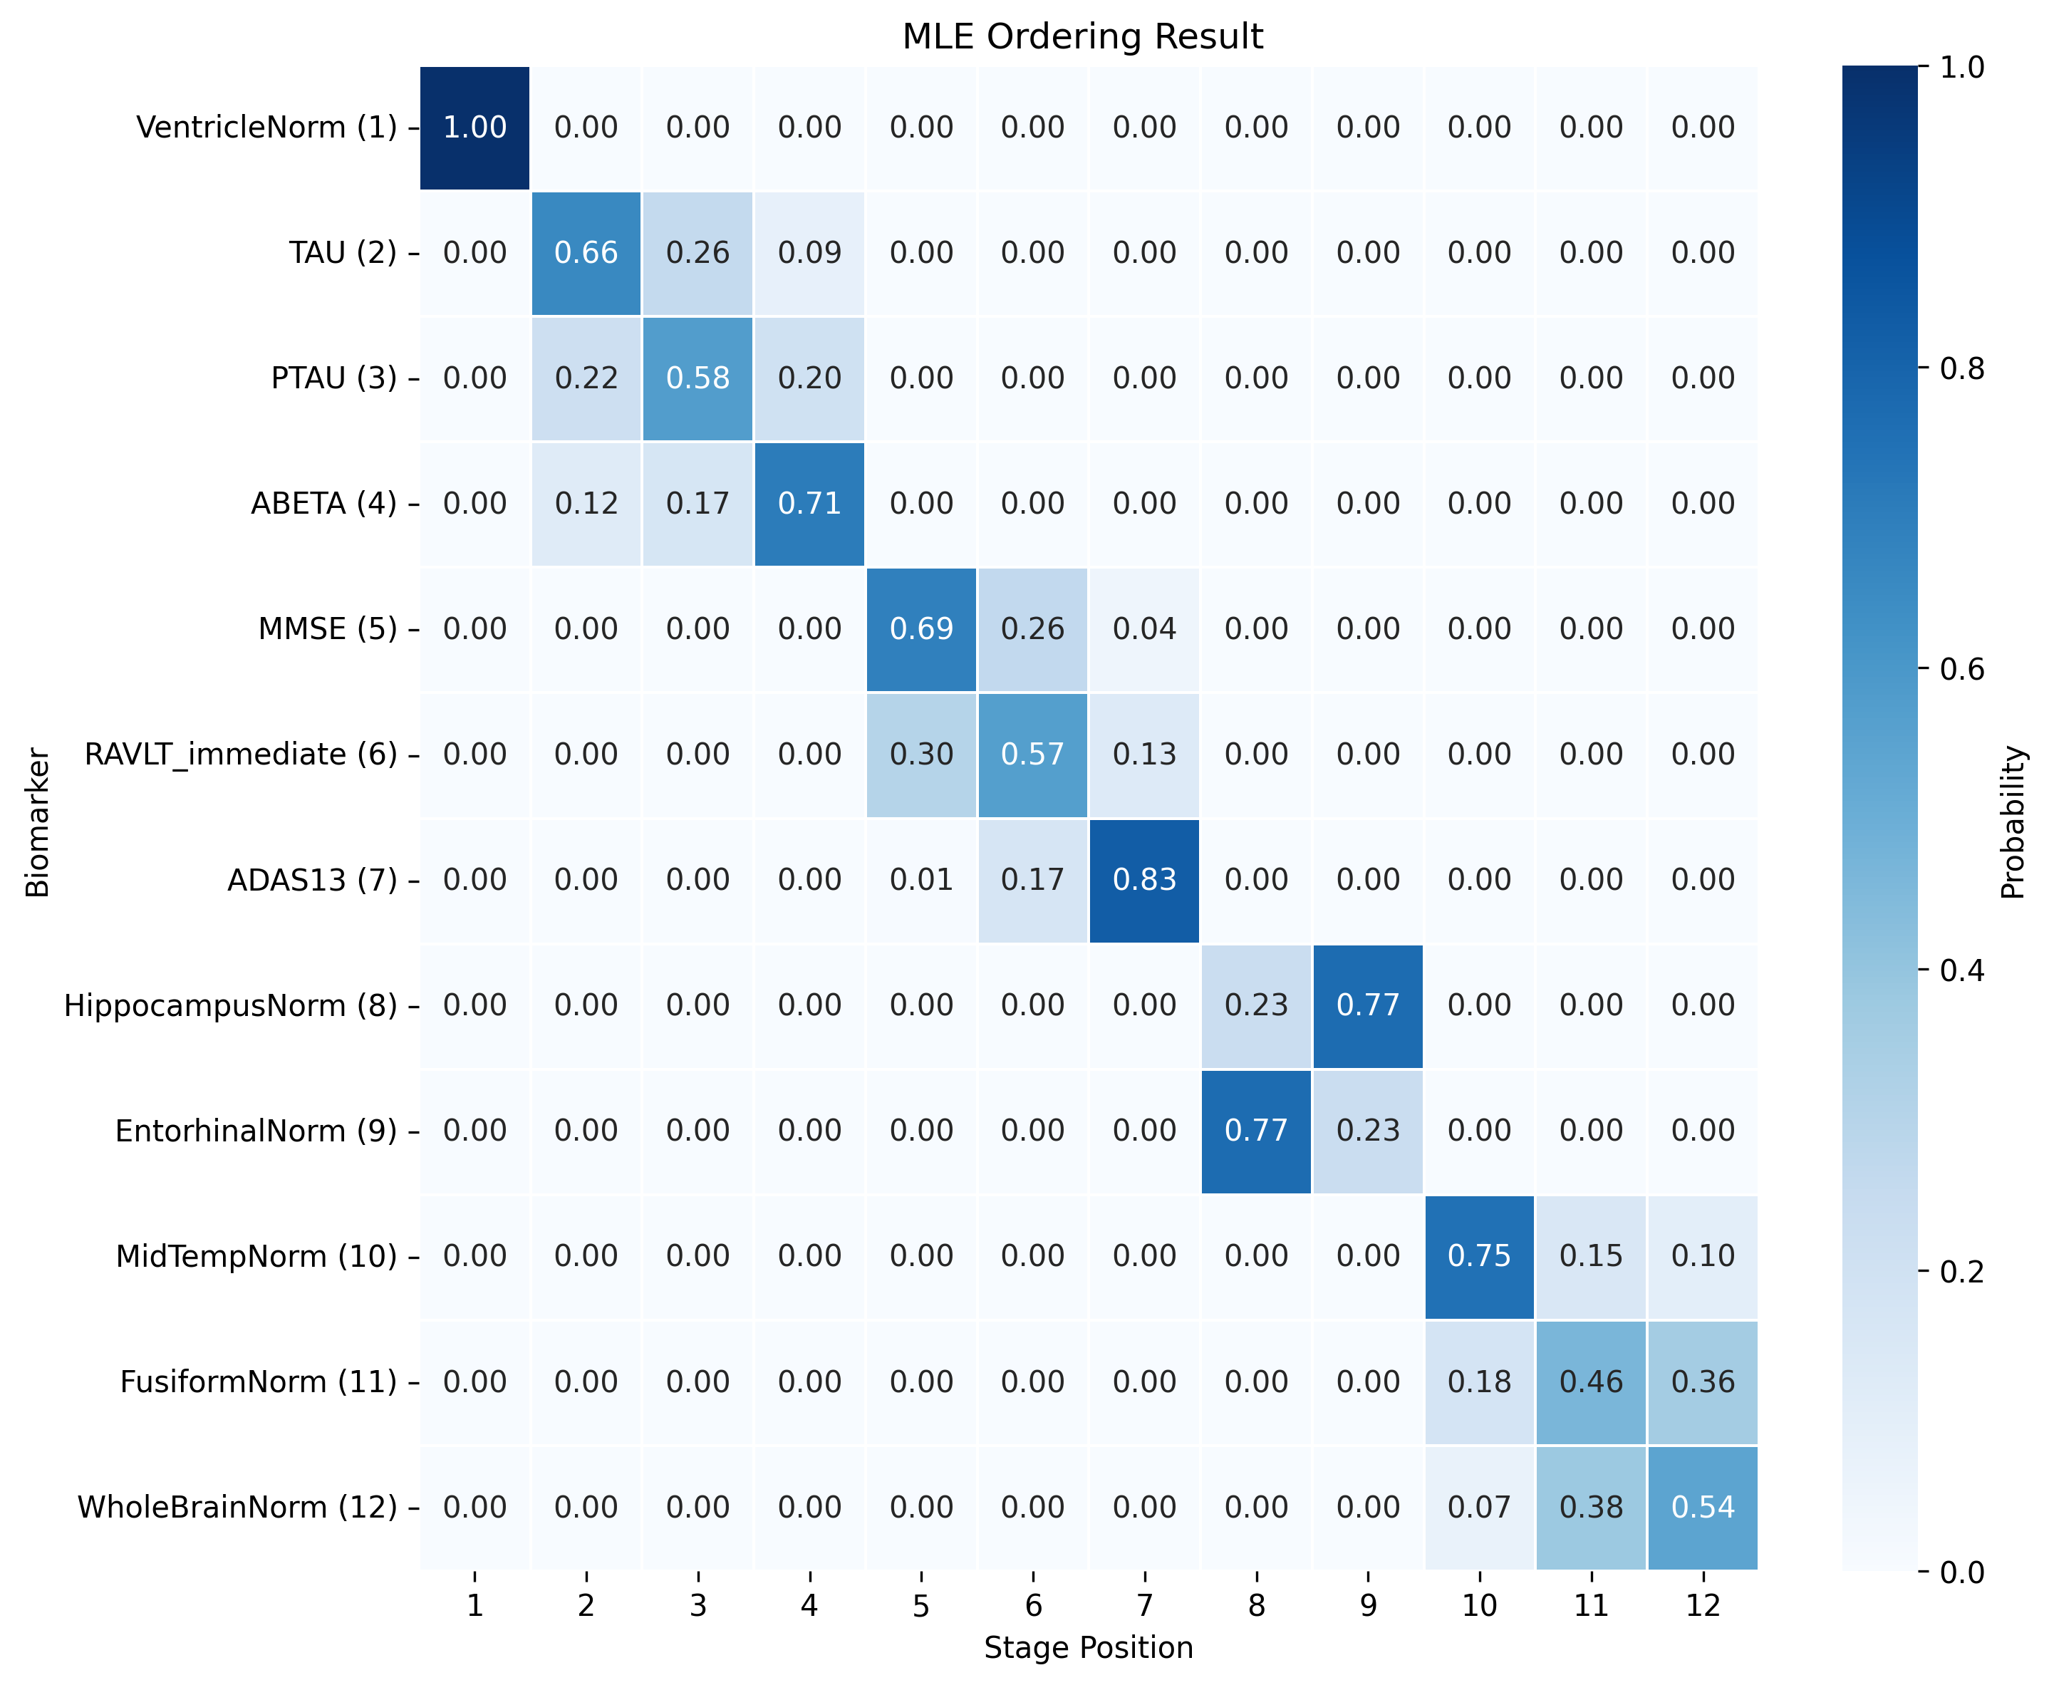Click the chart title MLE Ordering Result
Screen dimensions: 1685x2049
coord(1082,37)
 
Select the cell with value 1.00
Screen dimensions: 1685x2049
coord(474,127)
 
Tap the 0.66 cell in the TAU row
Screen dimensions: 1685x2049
coord(586,252)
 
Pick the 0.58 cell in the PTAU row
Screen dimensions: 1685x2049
coord(698,378)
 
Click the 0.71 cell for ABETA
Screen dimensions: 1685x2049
coord(809,503)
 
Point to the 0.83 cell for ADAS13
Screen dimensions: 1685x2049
coord(1144,879)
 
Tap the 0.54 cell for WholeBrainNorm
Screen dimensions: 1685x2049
coord(1703,1506)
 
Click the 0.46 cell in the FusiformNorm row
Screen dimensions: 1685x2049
coord(1591,1381)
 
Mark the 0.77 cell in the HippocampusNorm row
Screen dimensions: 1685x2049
coord(1368,1005)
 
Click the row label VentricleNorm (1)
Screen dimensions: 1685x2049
coord(267,127)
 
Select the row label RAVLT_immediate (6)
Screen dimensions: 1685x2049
coord(241,755)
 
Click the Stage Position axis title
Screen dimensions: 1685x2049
coord(1088,1648)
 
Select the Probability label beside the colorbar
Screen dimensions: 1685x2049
coord(2014,822)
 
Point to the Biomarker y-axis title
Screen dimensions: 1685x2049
coord(37,822)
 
